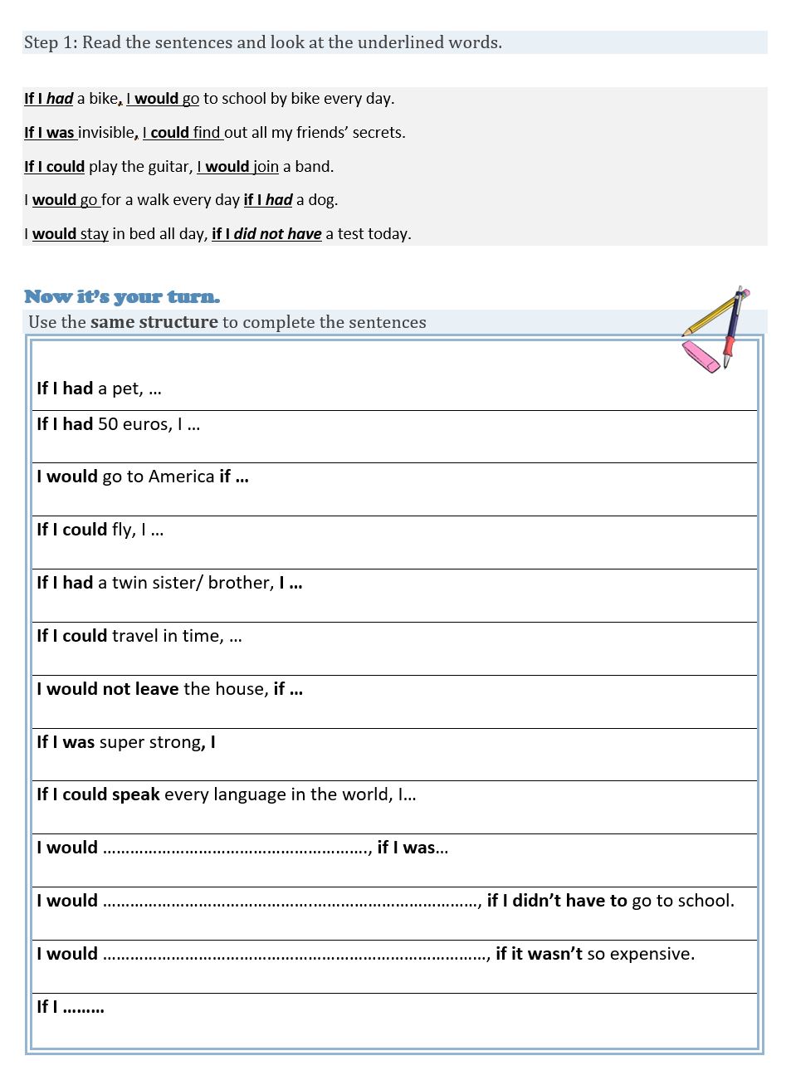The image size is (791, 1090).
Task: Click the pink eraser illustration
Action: tap(701, 356)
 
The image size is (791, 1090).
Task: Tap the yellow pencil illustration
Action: tap(712, 313)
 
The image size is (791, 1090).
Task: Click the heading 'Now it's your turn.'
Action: tap(122, 297)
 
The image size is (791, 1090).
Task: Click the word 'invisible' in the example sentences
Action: tap(105, 133)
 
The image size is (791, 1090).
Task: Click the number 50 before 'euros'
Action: tap(108, 424)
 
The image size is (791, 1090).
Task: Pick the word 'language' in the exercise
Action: tap(260, 794)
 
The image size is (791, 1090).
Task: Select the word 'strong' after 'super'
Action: tap(175, 742)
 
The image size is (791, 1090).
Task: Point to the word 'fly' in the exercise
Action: tap(123, 530)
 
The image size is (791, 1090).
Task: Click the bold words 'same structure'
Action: tap(154, 322)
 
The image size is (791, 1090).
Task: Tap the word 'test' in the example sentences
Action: tap(354, 234)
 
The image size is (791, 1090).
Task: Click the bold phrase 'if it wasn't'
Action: tap(539, 954)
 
